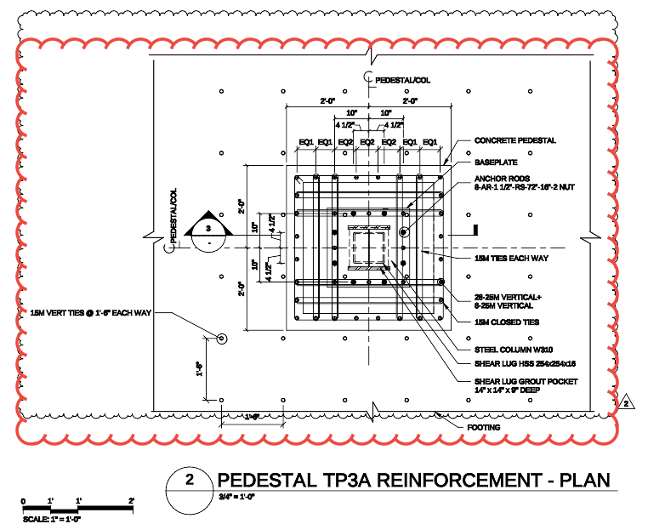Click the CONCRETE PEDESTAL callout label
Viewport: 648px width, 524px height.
coord(514,140)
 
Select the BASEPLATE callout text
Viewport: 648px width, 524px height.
coord(495,162)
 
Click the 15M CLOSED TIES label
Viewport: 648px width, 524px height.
coord(506,322)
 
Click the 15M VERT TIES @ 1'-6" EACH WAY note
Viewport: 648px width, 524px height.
coord(90,314)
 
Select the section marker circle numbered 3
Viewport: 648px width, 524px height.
coord(207,230)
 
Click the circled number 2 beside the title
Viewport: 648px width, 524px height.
coord(189,480)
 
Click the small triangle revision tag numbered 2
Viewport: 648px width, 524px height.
coord(626,402)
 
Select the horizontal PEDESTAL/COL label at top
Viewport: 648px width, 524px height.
coord(402,79)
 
